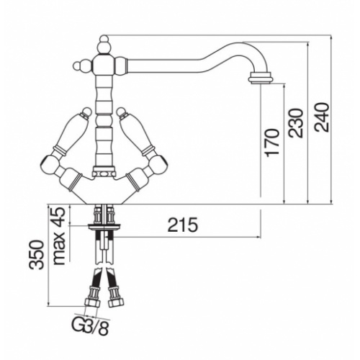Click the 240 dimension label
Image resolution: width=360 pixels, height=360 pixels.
click(321, 117)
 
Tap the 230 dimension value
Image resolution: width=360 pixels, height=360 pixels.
click(296, 122)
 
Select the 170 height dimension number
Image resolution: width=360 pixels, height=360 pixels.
click(272, 143)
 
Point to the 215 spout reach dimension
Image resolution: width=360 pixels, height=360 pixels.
click(183, 225)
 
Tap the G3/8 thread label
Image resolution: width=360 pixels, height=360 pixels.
click(90, 327)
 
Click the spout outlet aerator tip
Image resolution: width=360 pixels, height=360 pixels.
click(261, 79)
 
